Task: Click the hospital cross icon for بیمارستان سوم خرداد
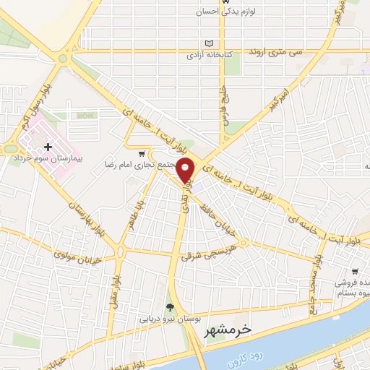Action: (48, 147)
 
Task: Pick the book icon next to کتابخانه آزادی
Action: (211, 43)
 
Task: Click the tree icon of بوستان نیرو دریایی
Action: (171, 306)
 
